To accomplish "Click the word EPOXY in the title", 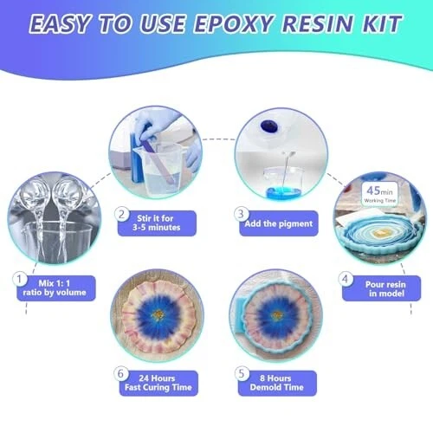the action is [x=234, y=23].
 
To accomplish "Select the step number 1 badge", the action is [x=20, y=279].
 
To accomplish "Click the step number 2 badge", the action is [x=122, y=215].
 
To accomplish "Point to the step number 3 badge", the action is [x=241, y=214].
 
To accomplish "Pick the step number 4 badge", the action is [x=346, y=279].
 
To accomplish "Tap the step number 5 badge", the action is [x=242, y=373].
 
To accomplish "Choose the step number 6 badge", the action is [x=121, y=373].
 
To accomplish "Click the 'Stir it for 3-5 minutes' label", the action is [x=157, y=223].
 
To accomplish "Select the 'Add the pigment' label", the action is [x=279, y=223].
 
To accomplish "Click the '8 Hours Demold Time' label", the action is [x=277, y=383].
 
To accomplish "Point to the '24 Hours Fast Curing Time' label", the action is [x=158, y=383].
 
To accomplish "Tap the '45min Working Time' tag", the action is [x=379, y=194].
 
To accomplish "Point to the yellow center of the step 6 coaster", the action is [x=158, y=313].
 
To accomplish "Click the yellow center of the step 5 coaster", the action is [x=277, y=315].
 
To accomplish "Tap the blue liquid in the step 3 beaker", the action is [x=284, y=191].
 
